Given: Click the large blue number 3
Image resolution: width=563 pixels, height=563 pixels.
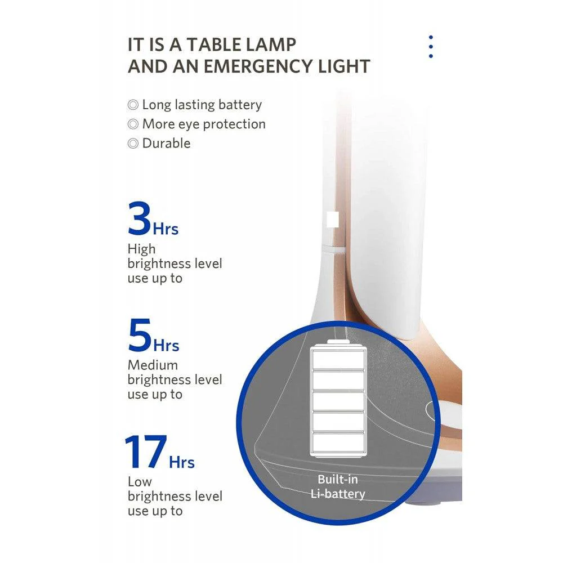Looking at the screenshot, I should click(139, 219).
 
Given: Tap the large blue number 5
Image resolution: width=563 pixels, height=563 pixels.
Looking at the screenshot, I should click(140, 336).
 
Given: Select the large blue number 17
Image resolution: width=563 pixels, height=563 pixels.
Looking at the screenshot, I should click(145, 452).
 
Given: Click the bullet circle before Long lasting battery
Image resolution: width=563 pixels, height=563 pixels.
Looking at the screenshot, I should click(133, 105).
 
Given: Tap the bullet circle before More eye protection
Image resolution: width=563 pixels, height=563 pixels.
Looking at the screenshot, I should click(133, 124).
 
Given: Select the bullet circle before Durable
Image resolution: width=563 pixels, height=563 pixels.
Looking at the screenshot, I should click(133, 144).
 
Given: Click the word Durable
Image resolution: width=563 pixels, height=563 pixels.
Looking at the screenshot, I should click(166, 143).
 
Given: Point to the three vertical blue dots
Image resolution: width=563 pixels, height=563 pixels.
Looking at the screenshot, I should click(431, 47).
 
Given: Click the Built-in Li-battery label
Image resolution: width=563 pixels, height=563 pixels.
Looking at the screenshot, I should click(337, 486).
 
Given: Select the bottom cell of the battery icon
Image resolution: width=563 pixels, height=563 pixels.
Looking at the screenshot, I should click(338, 441).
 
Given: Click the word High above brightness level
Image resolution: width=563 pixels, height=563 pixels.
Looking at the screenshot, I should click(141, 249).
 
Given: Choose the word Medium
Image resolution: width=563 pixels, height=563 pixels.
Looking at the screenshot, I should click(153, 365).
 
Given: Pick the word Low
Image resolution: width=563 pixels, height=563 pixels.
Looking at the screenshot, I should click(140, 481).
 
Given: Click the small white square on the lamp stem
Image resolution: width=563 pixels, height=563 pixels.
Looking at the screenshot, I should click(332, 219).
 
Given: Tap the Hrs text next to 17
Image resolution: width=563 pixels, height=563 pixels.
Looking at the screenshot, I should click(182, 462).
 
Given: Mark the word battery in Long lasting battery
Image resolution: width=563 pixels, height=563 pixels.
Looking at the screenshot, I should click(240, 105).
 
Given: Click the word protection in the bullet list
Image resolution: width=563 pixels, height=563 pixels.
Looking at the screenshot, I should click(235, 124).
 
